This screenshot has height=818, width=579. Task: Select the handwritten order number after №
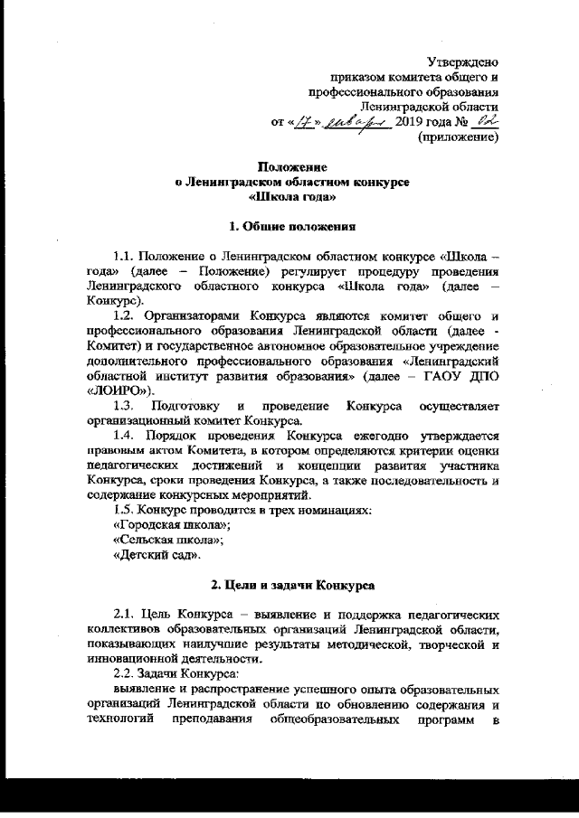[x=485, y=121]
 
